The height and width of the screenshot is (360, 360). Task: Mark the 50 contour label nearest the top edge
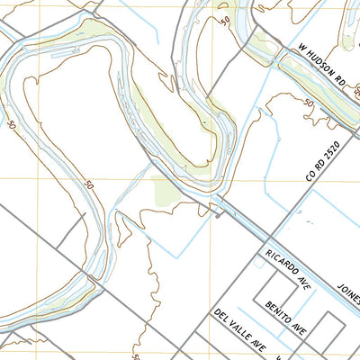click(224, 20)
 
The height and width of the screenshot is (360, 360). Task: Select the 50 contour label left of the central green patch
click(88, 186)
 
